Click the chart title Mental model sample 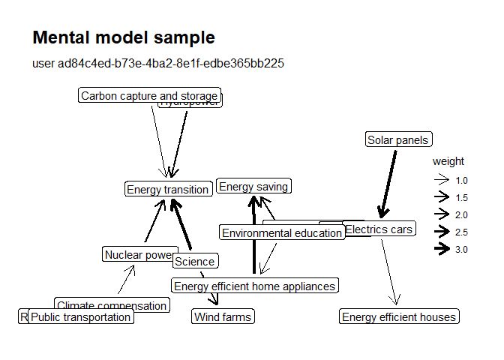click(x=124, y=38)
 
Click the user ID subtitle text click(x=158, y=63)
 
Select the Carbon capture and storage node click(x=149, y=96)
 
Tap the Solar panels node click(x=397, y=139)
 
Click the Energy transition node click(x=167, y=190)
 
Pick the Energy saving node click(x=253, y=187)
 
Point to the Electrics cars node click(x=379, y=229)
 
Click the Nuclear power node click(x=139, y=255)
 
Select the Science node click(x=195, y=262)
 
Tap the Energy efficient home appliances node click(x=254, y=286)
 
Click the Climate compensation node click(x=112, y=305)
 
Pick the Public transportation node click(x=80, y=317)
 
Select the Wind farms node click(x=223, y=317)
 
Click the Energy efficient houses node click(x=398, y=317)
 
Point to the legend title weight click(x=448, y=161)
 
